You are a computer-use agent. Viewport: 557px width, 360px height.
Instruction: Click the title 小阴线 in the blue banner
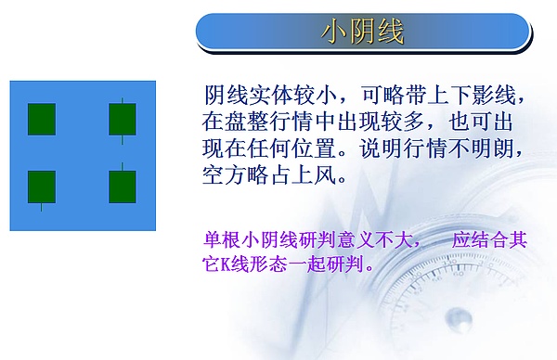pos(363,32)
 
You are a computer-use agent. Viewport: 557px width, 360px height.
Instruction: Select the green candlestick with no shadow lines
pos(41,119)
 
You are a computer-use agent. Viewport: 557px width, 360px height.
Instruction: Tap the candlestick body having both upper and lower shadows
pos(123,119)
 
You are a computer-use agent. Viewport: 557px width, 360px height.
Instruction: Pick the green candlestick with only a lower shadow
pos(41,186)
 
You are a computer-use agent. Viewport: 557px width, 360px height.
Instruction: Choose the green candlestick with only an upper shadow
pos(123,186)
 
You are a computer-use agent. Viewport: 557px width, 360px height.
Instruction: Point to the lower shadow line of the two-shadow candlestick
pos(123,139)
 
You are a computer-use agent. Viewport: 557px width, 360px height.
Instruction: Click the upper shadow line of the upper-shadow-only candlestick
pos(123,166)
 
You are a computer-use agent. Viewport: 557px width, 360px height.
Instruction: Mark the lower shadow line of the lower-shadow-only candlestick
pos(41,207)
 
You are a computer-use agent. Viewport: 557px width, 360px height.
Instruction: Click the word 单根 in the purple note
pos(222,239)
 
